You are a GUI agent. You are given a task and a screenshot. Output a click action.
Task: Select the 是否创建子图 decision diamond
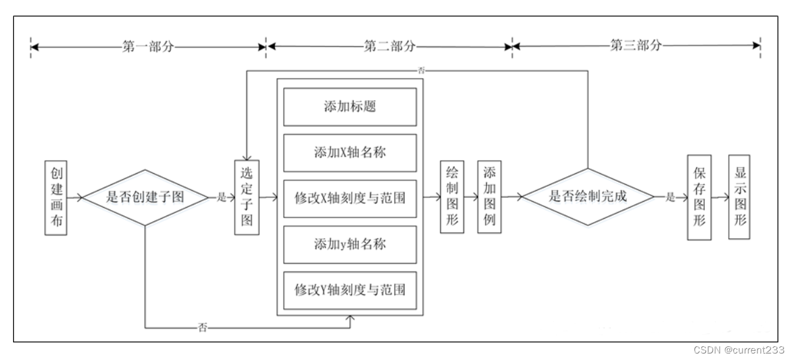(144, 197)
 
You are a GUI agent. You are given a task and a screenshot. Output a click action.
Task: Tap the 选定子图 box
(246, 197)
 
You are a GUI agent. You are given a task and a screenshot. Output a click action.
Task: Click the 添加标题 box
(350, 107)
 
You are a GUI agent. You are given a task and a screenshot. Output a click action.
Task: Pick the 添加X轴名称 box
(350, 152)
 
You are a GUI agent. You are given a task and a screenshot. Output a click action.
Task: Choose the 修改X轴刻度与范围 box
(350, 197)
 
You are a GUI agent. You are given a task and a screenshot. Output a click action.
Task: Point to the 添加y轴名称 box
(350, 243)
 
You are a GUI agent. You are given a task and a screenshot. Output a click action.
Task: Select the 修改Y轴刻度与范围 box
(350, 288)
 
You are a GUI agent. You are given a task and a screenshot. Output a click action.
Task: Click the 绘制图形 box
(451, 195)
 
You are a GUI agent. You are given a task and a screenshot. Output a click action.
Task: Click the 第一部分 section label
(149, 46)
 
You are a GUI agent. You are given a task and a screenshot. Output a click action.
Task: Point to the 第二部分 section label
(389, 46)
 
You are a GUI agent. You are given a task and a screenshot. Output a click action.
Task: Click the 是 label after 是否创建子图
(221, 197)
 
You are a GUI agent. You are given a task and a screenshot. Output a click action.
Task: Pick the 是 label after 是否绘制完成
(670, 197)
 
